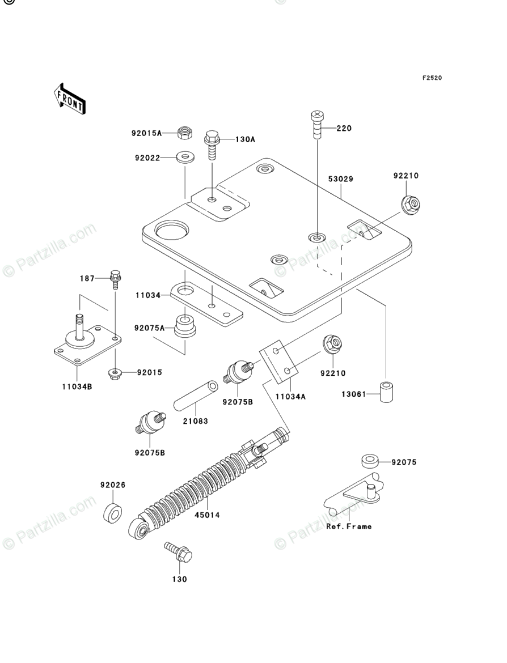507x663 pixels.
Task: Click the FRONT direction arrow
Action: pyautogui.click(x=70, y=99)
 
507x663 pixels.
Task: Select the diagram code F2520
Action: pyautogui.click(x=432, y=78)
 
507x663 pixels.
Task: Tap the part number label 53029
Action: pyautogui.click(x=341, y=179)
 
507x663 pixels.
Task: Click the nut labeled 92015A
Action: pyautogui.click(x=184, y=133)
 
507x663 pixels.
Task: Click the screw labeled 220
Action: pyautogui.click(x=317, y=124)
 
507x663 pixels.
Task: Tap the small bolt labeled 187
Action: pyautogui.click(x=115, y=279)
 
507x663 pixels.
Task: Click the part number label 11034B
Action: pyautogui.click(x=77, y=386)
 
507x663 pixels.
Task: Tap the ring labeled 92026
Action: pyautogui.click(x=113, y=512)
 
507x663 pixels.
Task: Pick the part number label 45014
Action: pyautogui.click(x=207, y=515)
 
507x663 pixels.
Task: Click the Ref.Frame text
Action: pyautogui.click(x=349, y=526)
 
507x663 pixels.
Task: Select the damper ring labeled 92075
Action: pyautogui.click(x=370, y=461)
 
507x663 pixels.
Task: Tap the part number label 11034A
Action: pyautogui.click(x=290, y=396)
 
